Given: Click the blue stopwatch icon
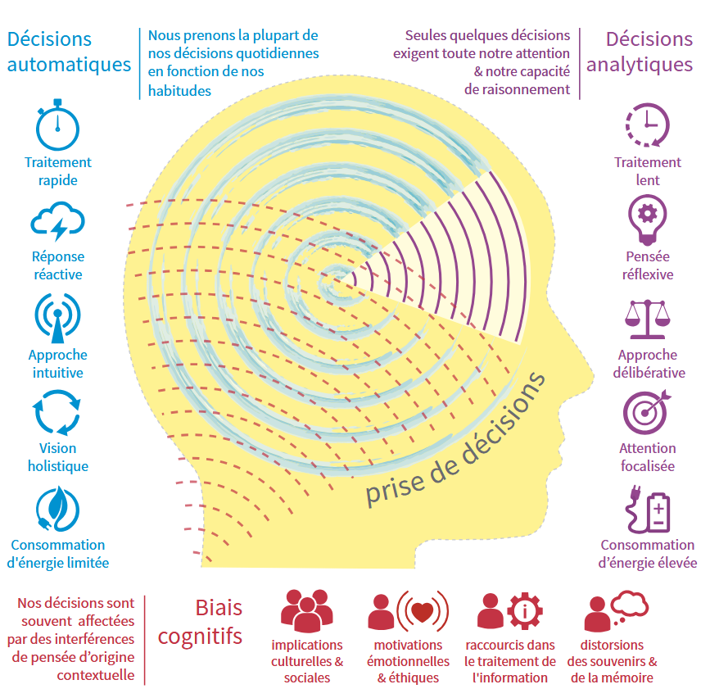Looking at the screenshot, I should pyautogui.click(x=57, y=125).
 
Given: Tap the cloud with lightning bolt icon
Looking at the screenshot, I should pyautogui.click(x=57, y=222).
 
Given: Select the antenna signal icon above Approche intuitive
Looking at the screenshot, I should pyautogui.click(x=57, y=318).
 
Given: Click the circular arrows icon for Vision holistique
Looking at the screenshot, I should pyautogui.click(x=57, y=413).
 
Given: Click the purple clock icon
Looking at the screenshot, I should pyautogui.click(x=647, y=125).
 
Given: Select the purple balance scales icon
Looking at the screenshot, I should pyautogui.click(x=647, y=318).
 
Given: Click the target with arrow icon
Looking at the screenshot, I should pyautogui.click(x=647, y=412).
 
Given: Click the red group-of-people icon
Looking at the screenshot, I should pyautogui.click(x=306, y=611).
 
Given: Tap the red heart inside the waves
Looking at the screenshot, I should pyautogui.click(x=423, y=610).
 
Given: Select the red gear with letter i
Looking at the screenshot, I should pyautogui.click(x=521, y=610).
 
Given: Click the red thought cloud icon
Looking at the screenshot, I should pyautogui.click(x=629, y=605).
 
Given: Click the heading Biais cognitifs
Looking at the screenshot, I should pyautogui.click(x=201, y=621).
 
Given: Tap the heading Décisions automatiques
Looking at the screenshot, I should pyautogui.click(x=69, y=52).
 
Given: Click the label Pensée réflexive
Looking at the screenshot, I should pyautogui.click(x=647, y=265).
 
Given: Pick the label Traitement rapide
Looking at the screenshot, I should pyautogui.click(x=57, y=171).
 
